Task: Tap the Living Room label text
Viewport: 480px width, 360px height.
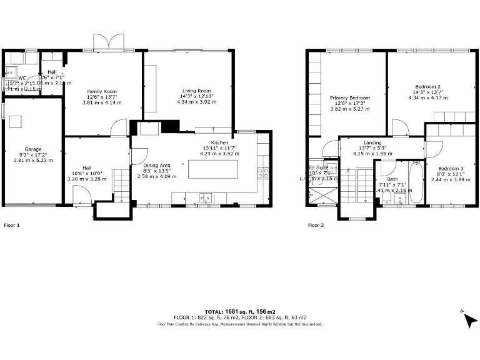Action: tap(196, 90)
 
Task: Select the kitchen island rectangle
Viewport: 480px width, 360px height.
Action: tap(213, 169)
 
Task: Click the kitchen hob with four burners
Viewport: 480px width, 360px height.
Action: tap(263, 173)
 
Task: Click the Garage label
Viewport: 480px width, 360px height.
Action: tap(33, 149)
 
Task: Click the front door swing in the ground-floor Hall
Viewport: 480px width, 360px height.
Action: tap(82, 197)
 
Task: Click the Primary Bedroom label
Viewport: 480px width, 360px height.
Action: tap(350, 97)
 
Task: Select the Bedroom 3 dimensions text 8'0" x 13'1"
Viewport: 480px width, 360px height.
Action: tap(450, 174)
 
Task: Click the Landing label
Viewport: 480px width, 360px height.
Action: tap(372, 142)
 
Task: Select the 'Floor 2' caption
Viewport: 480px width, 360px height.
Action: tap(316, 225)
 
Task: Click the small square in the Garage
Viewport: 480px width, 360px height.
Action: tap(17, 121)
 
